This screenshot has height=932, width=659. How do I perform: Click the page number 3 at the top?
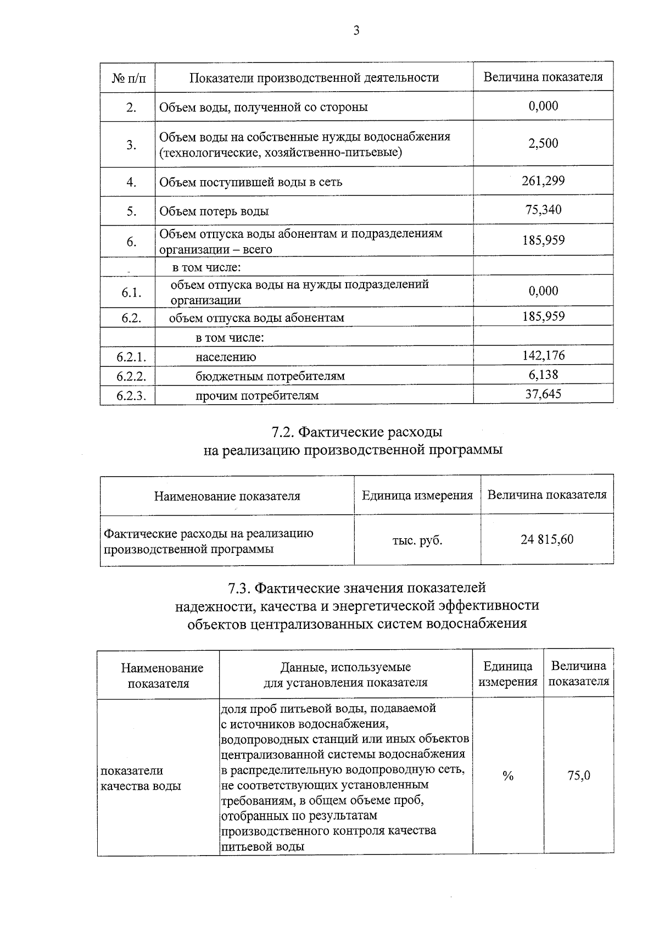(x=356, y=31)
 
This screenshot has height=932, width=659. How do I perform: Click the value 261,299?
(x=543, y=181)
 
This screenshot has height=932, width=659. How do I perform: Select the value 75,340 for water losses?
(x=543, y=210)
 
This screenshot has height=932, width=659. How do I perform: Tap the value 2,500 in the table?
(x=543, y=143)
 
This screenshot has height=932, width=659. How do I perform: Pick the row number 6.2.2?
(x=131, y=376)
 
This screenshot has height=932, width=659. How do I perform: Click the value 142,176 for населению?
(x=543, y=355)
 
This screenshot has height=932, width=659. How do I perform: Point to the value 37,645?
(x=543, y=393)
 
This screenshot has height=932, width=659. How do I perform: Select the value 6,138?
(x=543, y=375)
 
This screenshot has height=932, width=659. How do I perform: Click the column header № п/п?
(x=130, y=77)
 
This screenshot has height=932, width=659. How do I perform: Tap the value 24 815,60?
(x=547, y=539)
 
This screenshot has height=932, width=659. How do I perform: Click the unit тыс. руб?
(x=417, y=540)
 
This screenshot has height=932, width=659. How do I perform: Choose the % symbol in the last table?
(x=508, y=776)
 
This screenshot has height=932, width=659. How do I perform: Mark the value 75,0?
(x=579, y=776)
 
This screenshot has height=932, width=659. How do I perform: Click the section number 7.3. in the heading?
(x=239, y=588)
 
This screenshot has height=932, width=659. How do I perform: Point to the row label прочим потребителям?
(x=257, y=395)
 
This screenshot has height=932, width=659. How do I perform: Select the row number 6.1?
(x=131, y=292)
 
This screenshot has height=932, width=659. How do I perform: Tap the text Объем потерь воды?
(x=214, y=211)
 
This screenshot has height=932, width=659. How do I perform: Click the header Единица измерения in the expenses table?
(x=417, y=495)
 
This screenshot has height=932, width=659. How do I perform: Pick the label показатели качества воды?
(x=141, y=778)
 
